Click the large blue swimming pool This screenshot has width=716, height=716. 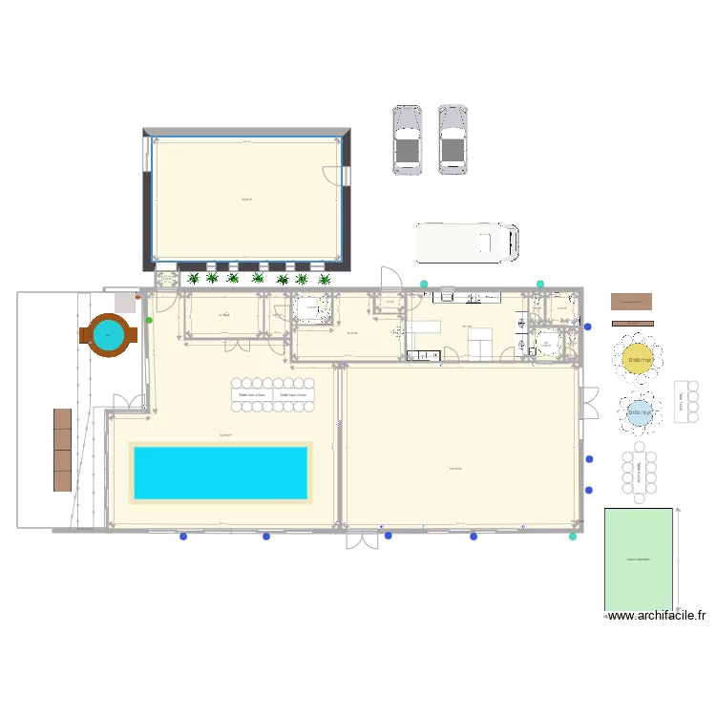point(221,473)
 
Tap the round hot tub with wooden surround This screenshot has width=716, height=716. point(108,334)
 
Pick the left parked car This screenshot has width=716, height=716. point(408,140)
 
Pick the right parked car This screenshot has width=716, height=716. point(453,139)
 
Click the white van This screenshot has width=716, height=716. point(467,242)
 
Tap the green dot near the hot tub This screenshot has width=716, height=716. point(149,321)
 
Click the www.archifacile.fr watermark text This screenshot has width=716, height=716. point(657,617)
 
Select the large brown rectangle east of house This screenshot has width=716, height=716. point(632,302)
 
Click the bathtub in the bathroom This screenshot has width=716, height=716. point(311,308)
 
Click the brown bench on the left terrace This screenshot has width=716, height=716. point(63,450)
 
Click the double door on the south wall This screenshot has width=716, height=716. point(362,539)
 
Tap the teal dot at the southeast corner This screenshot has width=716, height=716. point(573,537)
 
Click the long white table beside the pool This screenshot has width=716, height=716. point(273,394)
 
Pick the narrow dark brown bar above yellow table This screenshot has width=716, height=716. point(632,323)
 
